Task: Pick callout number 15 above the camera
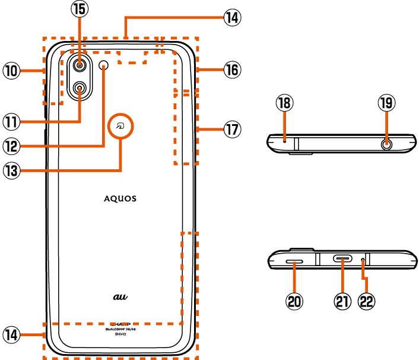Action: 79,10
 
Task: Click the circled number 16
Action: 231,70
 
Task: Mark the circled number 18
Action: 285,103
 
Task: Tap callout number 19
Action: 386,103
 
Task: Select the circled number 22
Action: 367,301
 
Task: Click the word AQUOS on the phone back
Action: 120,198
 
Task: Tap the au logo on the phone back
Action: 121,295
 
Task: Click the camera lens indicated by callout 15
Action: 80,64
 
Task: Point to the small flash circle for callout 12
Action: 105,64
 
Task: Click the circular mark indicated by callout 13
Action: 121,127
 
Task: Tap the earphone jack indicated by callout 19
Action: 387,143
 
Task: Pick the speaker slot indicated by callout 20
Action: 296,260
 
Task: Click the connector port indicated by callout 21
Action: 343,259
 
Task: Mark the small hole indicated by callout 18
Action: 285,141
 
